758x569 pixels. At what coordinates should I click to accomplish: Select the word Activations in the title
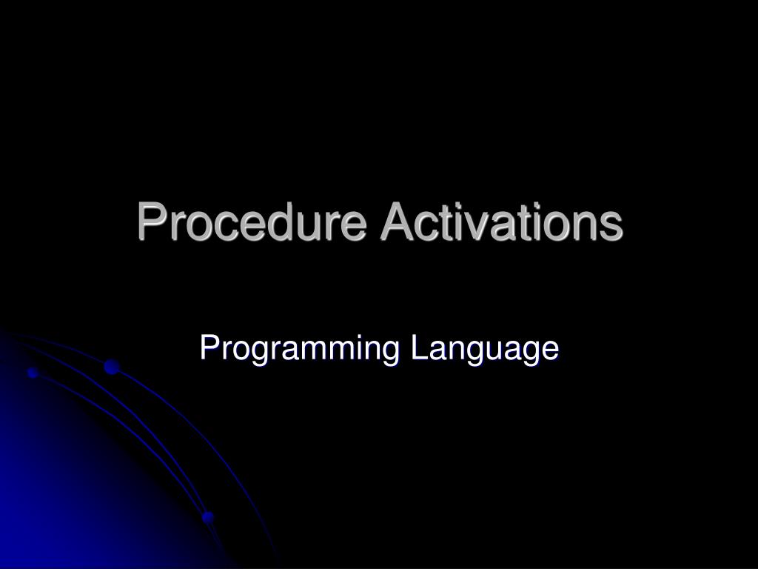pyautogui.click(x=501, y=222)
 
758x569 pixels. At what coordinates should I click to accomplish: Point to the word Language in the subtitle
pyautogui.click(x=485, y=349)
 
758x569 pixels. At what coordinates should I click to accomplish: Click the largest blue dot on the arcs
pyautogui.click(x=112, y=366)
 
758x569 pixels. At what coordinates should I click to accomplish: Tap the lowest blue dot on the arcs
pyautogui.click(x=208, y=516)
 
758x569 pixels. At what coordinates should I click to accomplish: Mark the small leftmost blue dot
pyautogui.click(x=33, y=372)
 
